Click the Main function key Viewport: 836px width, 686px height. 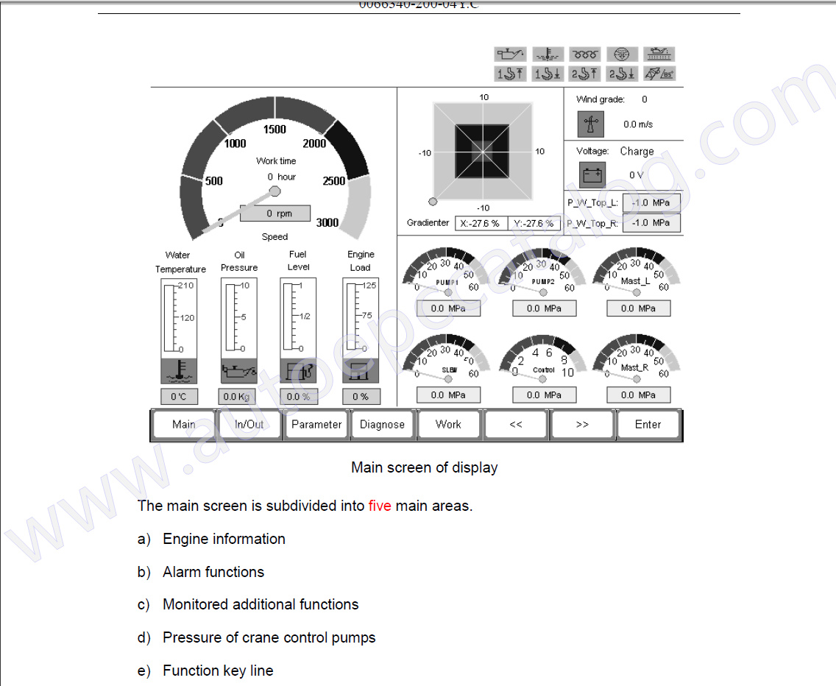pos(184,425)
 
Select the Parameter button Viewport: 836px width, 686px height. pos(316,425)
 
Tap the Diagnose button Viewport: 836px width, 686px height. pos(382,425)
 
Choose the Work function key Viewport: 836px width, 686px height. pos(448,425)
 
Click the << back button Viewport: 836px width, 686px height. pos(516,425)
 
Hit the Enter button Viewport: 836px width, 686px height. pos(648,425)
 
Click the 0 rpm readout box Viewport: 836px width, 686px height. pos(275,213)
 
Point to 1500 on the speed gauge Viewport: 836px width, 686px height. pos(274,130)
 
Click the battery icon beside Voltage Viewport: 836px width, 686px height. pos(592,175)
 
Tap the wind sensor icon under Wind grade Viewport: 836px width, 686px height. pos(590,124)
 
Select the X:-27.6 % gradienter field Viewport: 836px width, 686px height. pos(480,223)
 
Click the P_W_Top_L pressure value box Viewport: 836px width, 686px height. pos(651,203)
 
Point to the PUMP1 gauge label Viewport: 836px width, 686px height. pos(447,283)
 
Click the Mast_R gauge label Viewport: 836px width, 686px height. pos(634,367)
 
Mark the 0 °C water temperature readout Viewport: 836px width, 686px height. pos(179,397)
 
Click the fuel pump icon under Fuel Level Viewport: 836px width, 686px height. pos(299,371)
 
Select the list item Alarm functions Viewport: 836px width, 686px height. pos(213,572)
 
